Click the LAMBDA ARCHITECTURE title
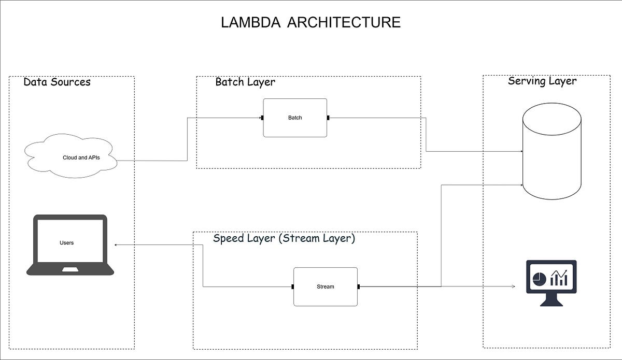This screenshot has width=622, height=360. (310, 22)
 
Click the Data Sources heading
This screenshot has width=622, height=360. (57, 82)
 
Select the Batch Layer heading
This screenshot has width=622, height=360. (245, 82)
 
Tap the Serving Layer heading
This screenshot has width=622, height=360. (542, 81)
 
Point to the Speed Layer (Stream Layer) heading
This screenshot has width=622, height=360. (284, 239)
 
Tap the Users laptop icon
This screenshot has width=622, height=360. (70, 244)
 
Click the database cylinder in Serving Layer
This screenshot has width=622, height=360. (552, 151)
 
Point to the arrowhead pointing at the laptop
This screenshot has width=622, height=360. (116, 244)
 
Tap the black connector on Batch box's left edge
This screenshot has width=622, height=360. (262, 118)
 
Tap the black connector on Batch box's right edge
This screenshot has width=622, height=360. (328, 118)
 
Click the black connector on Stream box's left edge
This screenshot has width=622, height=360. (293, 286)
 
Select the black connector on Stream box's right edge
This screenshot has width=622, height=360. (358, 286)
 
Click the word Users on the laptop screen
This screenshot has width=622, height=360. (66, 242)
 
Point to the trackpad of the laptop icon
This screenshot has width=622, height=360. (70, 269)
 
